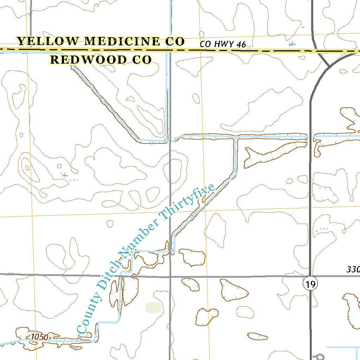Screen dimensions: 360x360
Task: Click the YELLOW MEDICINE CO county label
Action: tap(101, 41)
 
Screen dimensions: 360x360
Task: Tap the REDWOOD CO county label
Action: tap(101, 60)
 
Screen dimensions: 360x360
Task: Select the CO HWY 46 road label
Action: tap(223, 45)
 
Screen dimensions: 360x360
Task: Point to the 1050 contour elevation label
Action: tap(39, 337)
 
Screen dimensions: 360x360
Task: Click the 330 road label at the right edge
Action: tap(353, 270)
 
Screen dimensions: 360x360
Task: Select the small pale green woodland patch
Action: tap(154, 307)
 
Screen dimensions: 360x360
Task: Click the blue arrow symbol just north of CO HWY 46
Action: tap(292, 44)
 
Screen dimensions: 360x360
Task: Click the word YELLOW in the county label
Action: tap(48, 41)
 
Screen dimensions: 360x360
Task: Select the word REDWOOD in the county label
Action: tap(88, 60)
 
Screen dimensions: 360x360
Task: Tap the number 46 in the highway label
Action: tap(241, 45)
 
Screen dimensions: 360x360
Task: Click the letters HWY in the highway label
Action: tap(224, 45)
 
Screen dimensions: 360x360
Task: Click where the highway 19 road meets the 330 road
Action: tap(310, 276)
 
